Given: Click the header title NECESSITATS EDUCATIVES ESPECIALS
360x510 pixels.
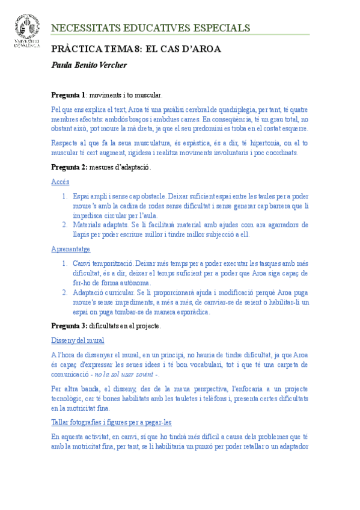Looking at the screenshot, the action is pyautogui.click(x=150, y=28).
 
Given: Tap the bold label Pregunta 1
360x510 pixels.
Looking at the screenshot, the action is pyautogui.click(x=69, y=95).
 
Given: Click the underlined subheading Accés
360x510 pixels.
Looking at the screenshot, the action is pyautogui.click(x=60, y=181).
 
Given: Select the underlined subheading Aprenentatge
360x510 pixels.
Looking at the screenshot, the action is pyautogui.click(x=71, y=248).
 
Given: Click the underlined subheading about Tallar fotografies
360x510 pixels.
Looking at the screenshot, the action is pyautogui.click(x=111, y=422).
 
